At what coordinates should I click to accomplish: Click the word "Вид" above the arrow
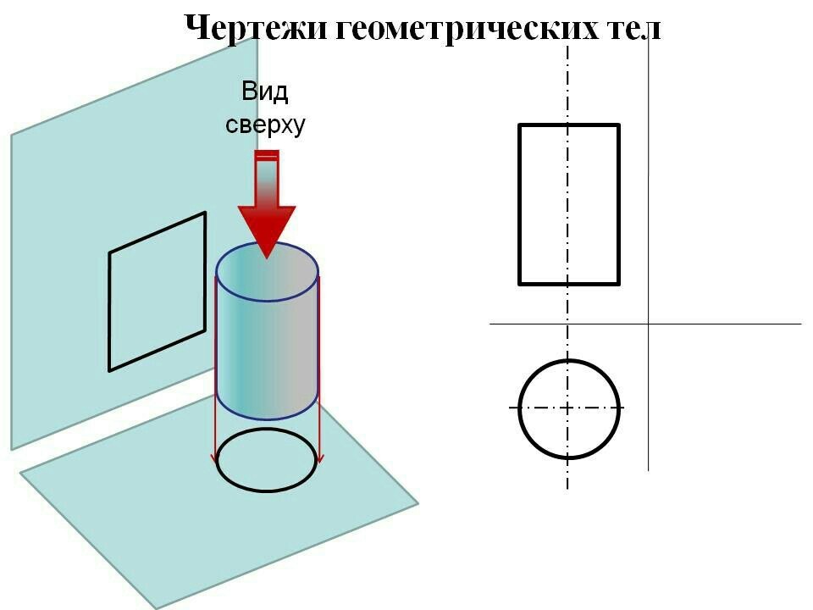click(x=265, y=91)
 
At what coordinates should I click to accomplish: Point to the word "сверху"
click(x=265, y=125)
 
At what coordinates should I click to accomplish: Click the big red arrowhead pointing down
click(x=267, y=228)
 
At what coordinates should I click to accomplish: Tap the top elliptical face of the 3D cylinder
click(x=267, y=271)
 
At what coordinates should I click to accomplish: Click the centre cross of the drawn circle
click(x=567, y=408)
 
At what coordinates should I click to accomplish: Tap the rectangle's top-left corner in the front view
click(x=519, y=125)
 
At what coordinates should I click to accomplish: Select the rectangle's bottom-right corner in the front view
click(x=619, y=284)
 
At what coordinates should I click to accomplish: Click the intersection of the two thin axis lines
click(x=648, y=324)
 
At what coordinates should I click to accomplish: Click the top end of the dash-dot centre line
click(x=567, y=46)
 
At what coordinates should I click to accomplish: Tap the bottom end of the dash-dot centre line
click(x=567, y=489)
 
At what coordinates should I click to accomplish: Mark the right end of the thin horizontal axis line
click(x=802, y=324)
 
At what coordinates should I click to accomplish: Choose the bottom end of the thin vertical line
click(x=648, y=470)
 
